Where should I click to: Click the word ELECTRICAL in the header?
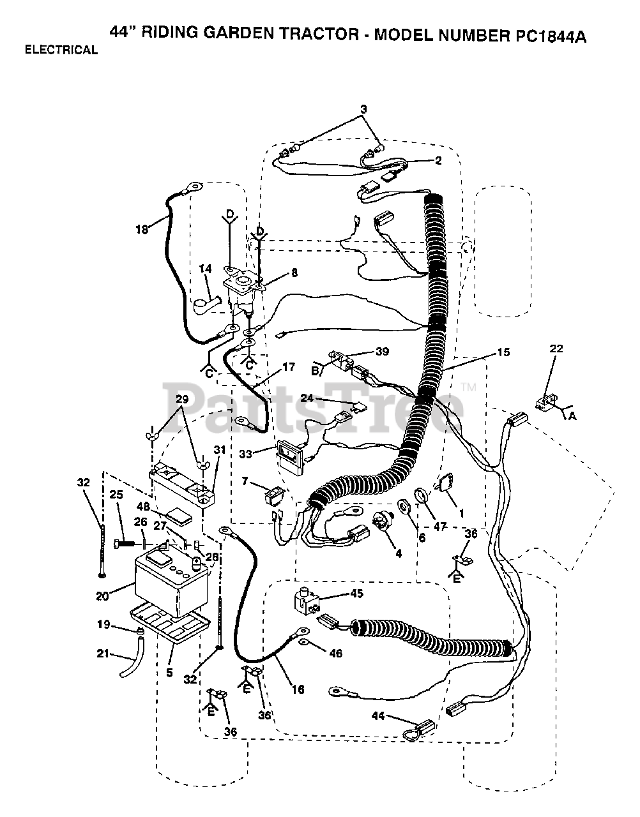pos(61,50)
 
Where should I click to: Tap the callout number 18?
pos(142,229)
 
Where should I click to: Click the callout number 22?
pos(556,348)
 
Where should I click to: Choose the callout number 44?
pos(378,716)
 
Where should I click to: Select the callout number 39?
pos(382,352)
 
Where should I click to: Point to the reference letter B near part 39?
pos(315,371)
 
